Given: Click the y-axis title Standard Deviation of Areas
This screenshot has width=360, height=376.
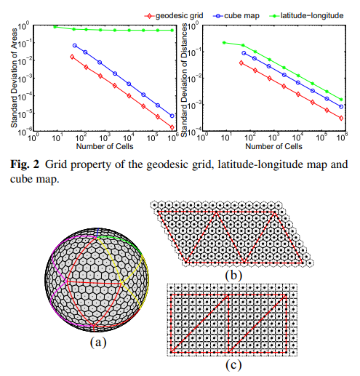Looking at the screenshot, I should (x=12, y=76).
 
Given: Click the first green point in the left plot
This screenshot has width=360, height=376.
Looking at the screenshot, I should (x=55, y=27).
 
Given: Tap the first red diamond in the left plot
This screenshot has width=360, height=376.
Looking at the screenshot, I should (x=71, y=56).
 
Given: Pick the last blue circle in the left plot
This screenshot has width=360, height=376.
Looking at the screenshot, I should (x=172, y=116).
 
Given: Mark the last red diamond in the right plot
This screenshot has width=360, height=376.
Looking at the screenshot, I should (x=341, y=118).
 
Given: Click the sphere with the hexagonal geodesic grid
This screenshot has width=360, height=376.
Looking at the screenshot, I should (x=97, y=279).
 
